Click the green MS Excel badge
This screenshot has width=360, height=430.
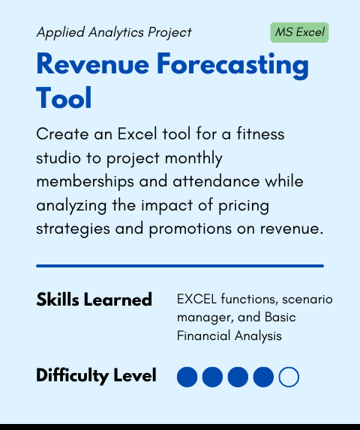(x=299, y=32)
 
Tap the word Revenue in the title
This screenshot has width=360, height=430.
(x=92, y=64)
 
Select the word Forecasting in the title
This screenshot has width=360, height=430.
(x=232, y=66)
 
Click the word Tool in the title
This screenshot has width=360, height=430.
(x=64, y=97)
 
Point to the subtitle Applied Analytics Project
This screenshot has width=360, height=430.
(x=114, y=32)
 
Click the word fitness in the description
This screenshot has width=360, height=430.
(x=260, y=134)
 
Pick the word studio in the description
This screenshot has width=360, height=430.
(x=58, y=157)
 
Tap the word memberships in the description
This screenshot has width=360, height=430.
(x=85, y=182)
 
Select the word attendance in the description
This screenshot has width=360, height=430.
(x=216, y=181)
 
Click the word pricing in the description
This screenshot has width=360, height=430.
(x=244, y=206)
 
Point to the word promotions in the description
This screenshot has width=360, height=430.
(x=190, y=229)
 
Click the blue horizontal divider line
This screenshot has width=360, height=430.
(x=180, y=266)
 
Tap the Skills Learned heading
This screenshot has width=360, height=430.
(x=94, y=299)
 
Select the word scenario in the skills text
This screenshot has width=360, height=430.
(x=307, y=299)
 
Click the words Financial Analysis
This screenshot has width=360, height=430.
(x=229, y=336)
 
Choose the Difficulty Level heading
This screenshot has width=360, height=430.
(x=96, y=375)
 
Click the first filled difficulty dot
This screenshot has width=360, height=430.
(x=187, y=377)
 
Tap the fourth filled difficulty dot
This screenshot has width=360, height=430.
(x=263, y=377)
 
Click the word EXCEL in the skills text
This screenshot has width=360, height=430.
(x=196, y=299)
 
